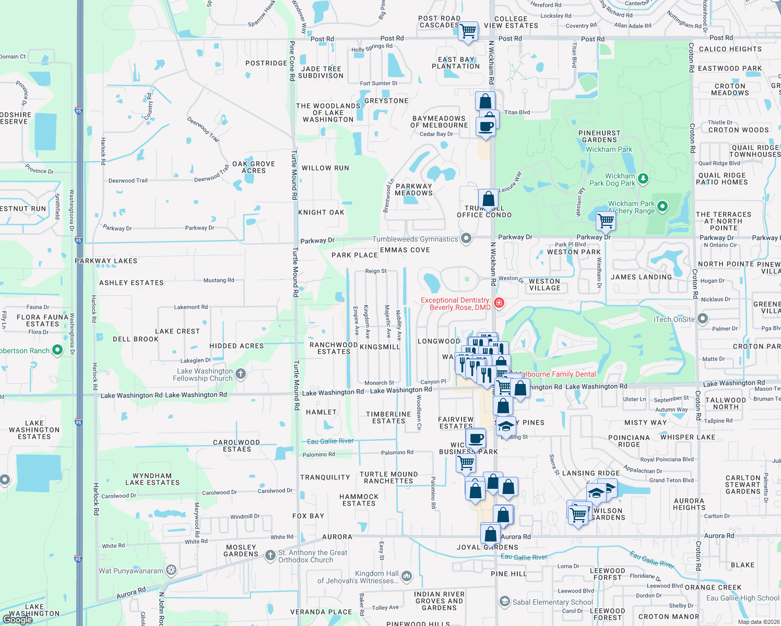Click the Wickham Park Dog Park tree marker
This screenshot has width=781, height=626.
[x=643, y=179]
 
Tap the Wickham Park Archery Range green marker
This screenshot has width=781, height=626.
[x=662, y=207]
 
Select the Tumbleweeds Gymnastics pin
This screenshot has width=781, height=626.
[x=466, y=239]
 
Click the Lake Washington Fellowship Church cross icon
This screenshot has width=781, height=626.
[x=241, y=374]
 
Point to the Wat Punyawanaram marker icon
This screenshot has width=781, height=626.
[x=171, y=571]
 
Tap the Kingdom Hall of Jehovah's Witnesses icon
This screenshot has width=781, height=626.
[x=407, y=576]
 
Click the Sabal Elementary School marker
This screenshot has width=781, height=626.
[x=504, y=602]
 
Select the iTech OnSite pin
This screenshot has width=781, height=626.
[x=703, y=319]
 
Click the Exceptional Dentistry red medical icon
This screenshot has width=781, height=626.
[x=499, y=303]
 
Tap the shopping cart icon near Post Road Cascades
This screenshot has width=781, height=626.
[x=468, y=30]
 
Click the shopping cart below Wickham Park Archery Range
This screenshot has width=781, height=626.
[x=606, y=220]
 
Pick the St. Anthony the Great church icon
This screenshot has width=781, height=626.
[x=270, y=556]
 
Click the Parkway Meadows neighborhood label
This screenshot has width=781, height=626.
[x=413, y=189]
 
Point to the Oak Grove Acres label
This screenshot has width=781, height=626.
[x=253, y=167]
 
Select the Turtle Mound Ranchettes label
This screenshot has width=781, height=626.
[x=388, y=477]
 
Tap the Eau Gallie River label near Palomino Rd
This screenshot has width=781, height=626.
[x=330, y=441]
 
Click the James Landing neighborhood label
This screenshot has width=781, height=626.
[x=641, y=277]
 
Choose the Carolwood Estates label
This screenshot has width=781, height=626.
[x=236, y=446]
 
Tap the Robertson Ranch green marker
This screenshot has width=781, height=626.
[x=57, y=350]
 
